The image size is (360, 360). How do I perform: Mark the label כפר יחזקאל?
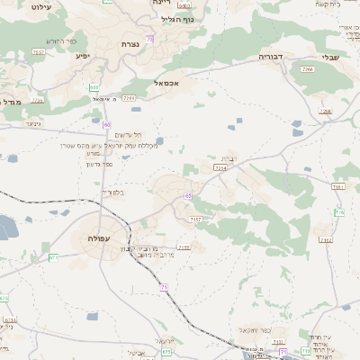pyautogui.click(x=244, y=330)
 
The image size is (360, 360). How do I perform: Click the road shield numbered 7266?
pyautogui.click(x=308, y=68)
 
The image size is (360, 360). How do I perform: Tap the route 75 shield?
pyautogui.click(x=149, y=39)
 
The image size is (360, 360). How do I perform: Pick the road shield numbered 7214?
pyautogui.click(x=220, y=167)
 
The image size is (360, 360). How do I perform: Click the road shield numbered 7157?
pyautogui.click(x=196, y=220)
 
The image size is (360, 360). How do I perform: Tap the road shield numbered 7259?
pyautogui.click(x=129, y=98)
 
